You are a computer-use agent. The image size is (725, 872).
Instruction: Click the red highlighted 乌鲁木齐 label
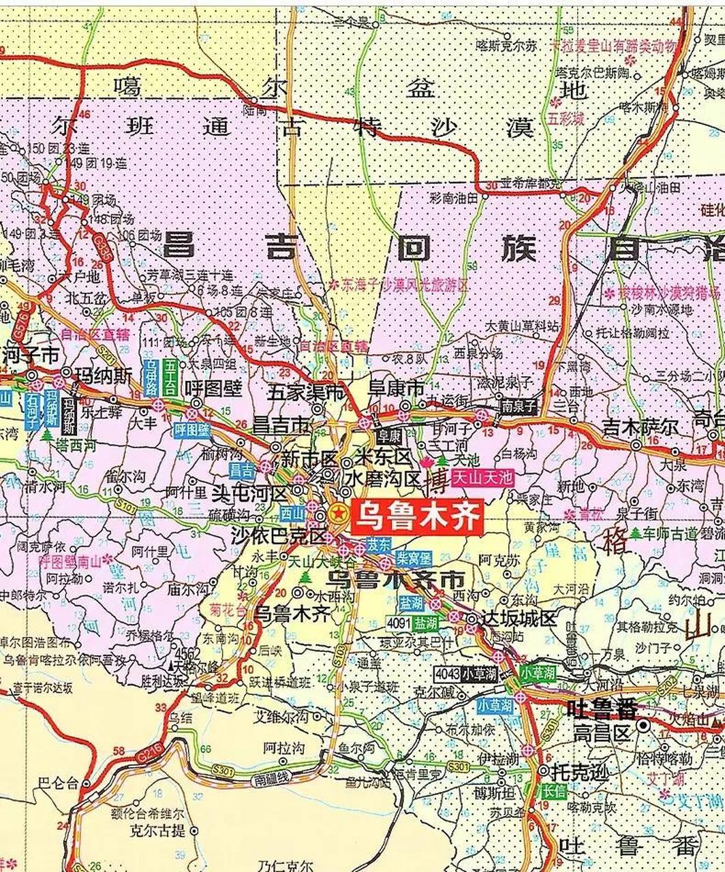pos(417,515)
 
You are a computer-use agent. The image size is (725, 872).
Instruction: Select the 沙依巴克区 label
pos(279,535)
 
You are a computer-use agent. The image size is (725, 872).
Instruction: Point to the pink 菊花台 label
pos(228,610)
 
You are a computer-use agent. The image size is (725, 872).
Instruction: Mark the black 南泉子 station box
pos(519,404)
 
